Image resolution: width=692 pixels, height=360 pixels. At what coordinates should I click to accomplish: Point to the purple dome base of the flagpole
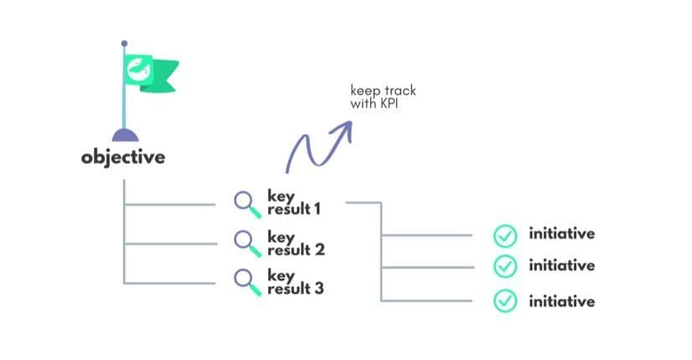(x=124, y=135)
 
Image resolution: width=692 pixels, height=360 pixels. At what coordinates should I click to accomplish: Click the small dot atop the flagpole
(x=124, y=42)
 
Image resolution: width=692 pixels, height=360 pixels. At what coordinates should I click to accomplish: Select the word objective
(x=123, y=157)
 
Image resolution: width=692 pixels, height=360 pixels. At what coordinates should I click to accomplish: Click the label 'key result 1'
(x=293, y=202)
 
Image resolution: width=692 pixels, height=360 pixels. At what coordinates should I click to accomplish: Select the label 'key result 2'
(x=295, y=243)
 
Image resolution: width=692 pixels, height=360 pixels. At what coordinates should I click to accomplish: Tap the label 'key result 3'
(x=295, y=281)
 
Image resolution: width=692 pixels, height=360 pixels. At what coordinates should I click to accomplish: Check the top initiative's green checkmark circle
(x=504, y=235)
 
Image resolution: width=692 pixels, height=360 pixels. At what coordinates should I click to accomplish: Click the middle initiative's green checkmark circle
(x=504, y=266)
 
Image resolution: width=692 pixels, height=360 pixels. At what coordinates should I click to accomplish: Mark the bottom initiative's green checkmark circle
(x=504, y=300)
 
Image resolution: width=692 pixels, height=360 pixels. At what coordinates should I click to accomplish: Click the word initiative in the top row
(x=561, y=234)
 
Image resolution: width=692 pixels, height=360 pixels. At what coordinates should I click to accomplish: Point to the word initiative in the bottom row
(x=561, y=301)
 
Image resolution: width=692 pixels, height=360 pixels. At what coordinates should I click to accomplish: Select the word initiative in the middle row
(x=561, y=265)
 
